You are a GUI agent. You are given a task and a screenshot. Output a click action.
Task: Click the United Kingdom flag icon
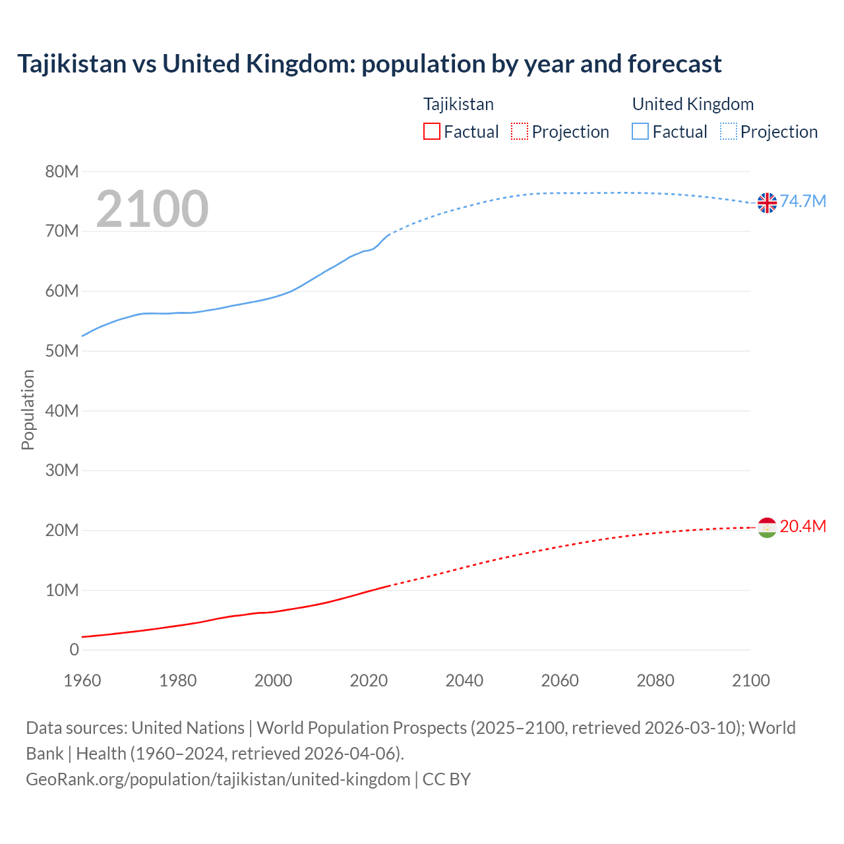click(x=767, y=202)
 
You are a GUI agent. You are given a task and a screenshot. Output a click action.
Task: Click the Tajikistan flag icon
click(x=767, y=527)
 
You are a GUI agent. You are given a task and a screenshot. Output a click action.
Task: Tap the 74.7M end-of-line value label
click(x=802, y=202)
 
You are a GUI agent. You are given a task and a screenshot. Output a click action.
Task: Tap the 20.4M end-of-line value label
click(x=802, y=527)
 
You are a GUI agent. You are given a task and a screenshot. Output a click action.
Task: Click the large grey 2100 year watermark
click(x=152, y=209)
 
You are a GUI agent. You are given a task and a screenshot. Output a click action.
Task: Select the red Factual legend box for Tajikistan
click(x=431, y=132)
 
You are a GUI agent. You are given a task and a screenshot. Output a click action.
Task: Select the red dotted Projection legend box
click(x=520, y=132)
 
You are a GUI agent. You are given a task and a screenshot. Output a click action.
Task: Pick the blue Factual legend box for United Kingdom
click(x=640, y=132)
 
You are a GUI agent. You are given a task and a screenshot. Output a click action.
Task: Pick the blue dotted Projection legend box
click(x=728, y=132)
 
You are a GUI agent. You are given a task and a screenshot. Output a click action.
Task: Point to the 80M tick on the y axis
click(x=62, y=172)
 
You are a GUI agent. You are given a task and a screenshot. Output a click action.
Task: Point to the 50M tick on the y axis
click(x=62, y=351)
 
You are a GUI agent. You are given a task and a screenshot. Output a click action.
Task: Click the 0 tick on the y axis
click(x=74, y=650)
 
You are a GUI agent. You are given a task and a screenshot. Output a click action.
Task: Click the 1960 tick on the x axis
click(x=82, y=680)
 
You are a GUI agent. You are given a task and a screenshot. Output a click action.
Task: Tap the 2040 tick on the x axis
click(x=464, y=680)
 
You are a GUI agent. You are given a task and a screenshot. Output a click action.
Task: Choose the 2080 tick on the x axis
click(x=655, y=680)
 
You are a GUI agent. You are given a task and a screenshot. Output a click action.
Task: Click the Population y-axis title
click(x=28, y=409)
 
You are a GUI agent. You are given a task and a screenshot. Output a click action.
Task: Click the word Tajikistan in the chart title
click(x=72, y=64)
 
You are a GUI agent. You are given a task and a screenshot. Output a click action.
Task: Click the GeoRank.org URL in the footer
click(x=218, y=779)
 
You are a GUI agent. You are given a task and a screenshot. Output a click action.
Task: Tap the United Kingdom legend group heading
click(x=692, y=104)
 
